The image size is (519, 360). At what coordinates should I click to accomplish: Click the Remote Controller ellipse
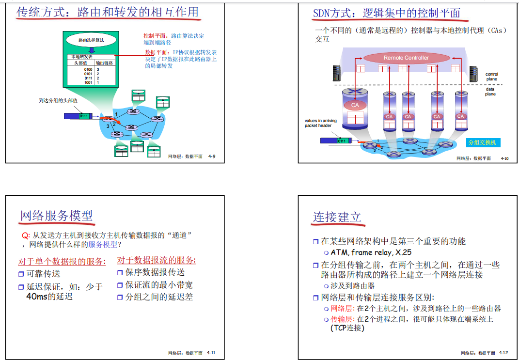(406, 58)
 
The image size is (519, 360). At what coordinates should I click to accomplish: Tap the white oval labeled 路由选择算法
(91, 40)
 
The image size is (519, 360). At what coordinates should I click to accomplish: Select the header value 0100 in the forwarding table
(88, 70)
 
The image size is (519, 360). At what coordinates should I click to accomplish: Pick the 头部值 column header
(80, 63)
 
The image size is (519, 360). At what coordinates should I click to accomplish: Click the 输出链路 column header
(104, 63)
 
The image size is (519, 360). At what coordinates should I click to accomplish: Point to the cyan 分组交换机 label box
(482, 142)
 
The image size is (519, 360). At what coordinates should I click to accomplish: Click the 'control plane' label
(491, 77)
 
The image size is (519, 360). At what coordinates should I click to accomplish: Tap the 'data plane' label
(490, 92)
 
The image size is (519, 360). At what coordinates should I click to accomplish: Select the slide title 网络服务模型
(56, 216)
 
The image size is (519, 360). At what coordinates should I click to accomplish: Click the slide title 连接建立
(337, 217)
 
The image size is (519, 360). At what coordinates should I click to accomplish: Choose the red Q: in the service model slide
(26, 235)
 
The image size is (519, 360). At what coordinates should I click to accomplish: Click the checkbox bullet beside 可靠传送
(21, 274)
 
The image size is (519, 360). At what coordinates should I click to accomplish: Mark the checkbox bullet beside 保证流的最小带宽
(120, 285)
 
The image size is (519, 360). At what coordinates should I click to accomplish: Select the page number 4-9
(212, 157)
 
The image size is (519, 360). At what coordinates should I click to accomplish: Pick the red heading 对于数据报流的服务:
(157, 261)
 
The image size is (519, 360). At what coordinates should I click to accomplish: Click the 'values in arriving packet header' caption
(318, 123)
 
